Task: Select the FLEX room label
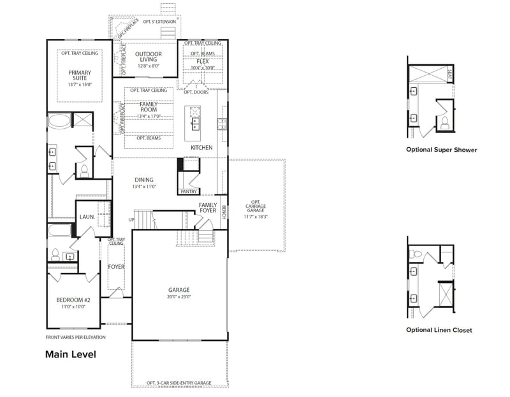203,61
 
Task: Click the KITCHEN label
201,148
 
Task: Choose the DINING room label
144,180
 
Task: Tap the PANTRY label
189,191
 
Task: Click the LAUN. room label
87,217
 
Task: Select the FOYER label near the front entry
116,267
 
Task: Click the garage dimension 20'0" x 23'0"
179,296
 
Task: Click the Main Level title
70,354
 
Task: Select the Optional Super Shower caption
441,150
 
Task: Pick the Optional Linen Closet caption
439,330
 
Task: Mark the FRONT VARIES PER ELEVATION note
75,337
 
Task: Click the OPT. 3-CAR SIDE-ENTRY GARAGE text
178,383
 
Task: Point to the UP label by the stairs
131,220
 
